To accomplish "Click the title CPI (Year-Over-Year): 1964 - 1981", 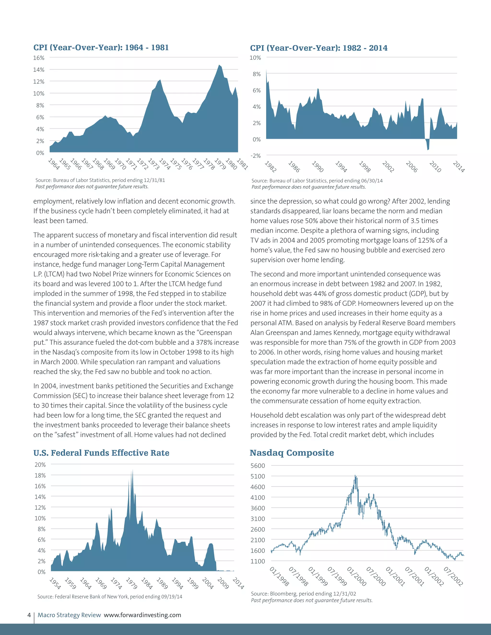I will click(x=101, y=47).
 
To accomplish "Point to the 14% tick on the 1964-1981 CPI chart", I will click(x=39, y=69).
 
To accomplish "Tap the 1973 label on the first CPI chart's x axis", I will click(x=154, y=164).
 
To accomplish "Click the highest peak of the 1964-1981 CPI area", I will click(x=219, y=65).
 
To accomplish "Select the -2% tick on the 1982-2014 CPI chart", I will click(x=255, y=156).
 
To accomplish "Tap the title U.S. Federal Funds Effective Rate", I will click(x=101, y=453).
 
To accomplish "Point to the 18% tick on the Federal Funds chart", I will click(x=40, y=475).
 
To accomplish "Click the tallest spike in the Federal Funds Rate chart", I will click(x=133, y=470).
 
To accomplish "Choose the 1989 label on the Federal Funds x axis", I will click(x=162, y=583).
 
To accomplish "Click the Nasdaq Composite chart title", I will click(x=292, y=453).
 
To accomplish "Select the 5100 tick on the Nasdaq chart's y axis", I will click(x=258, y=476).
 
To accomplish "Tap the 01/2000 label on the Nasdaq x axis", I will click(x=357, y=576).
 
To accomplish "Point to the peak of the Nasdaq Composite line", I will click(x=355, y=476).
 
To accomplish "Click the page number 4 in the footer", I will click(x=29, y=615).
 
